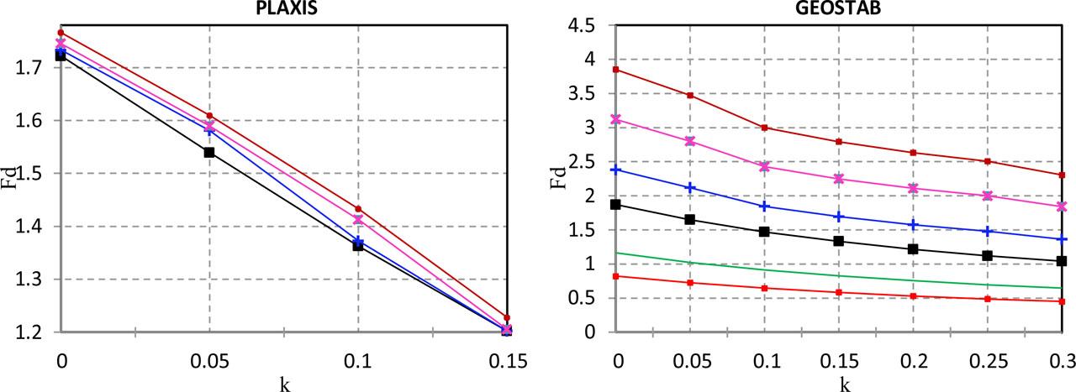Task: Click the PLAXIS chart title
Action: pos(282,8)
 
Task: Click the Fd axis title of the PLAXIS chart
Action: pos(10,179)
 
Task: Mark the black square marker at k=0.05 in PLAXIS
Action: pos(209,152)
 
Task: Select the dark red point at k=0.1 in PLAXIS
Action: pos(358,209)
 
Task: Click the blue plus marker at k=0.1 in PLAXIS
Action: pos(358,241)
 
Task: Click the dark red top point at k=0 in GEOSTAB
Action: pos(615,70)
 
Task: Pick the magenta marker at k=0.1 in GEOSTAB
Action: pos(764,166)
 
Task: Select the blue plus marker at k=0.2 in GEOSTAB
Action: pos(913,225)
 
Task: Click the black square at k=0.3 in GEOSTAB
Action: pos(1062,261)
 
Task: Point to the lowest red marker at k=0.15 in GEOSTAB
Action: pos(838,292)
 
